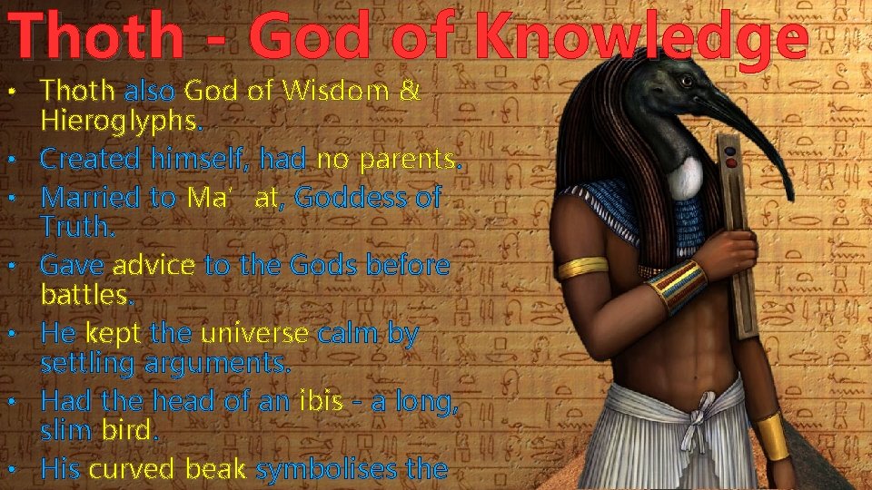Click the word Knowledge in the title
pyautogui.click(x=641, y=38)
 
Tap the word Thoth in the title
pyautogui.click(x=99, y=38)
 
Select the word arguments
pyautogui.click(x=236, y=364)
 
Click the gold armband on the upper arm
pyautogui.click(x=582, y=268)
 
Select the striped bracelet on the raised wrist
pyautogui.click(x=679, y=286)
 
